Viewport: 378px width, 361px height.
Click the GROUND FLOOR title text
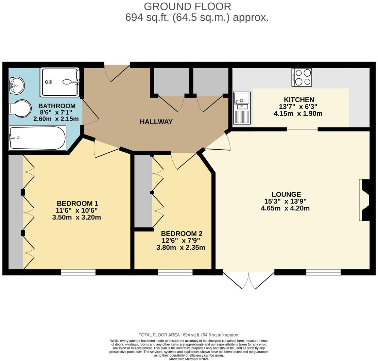tap(187, 6)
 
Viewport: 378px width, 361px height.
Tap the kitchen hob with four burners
tap(302, 77)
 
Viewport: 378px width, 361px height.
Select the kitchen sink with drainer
tap(242, 108)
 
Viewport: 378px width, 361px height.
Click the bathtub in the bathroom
tap(37, 138)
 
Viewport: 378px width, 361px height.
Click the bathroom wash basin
tap(17, 84)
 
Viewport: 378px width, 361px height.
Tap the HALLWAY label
tap(156, 122)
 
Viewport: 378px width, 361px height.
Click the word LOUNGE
tap(286, 194)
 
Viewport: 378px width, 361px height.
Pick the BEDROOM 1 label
tap(77, 204)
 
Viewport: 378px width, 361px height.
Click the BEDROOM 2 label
tap(182, 234)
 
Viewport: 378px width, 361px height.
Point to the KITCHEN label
tap(299, 100)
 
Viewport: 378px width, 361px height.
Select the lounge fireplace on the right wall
tap(365, 200)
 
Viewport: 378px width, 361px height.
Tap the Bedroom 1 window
tap(78, 272)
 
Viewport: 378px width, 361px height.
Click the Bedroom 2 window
tap(175, 272)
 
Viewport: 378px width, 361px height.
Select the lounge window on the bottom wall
tap(323, 272)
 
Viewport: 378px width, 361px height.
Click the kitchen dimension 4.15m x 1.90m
tap(298, 114)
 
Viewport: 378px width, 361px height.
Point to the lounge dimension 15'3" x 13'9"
tap(286, 201)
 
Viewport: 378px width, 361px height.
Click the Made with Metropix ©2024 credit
tap(189, 359)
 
